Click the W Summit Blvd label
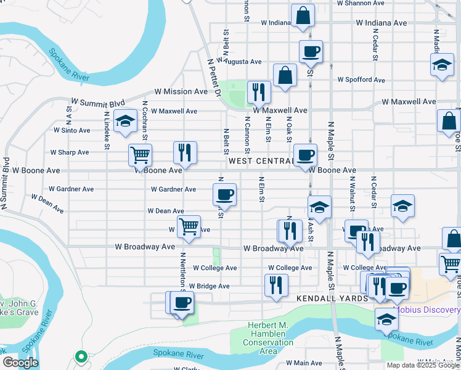point(98,102)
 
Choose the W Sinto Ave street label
point(71,130)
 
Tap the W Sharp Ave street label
point(70,152)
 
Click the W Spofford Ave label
point(362,80)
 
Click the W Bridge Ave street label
point(209,286)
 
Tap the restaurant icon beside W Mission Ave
point(259,92)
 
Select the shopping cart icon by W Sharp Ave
point(141,155)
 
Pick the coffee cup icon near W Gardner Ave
point(224,194)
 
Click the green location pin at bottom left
point(80,356)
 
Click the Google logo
point(20,363)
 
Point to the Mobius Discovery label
point(426,310)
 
